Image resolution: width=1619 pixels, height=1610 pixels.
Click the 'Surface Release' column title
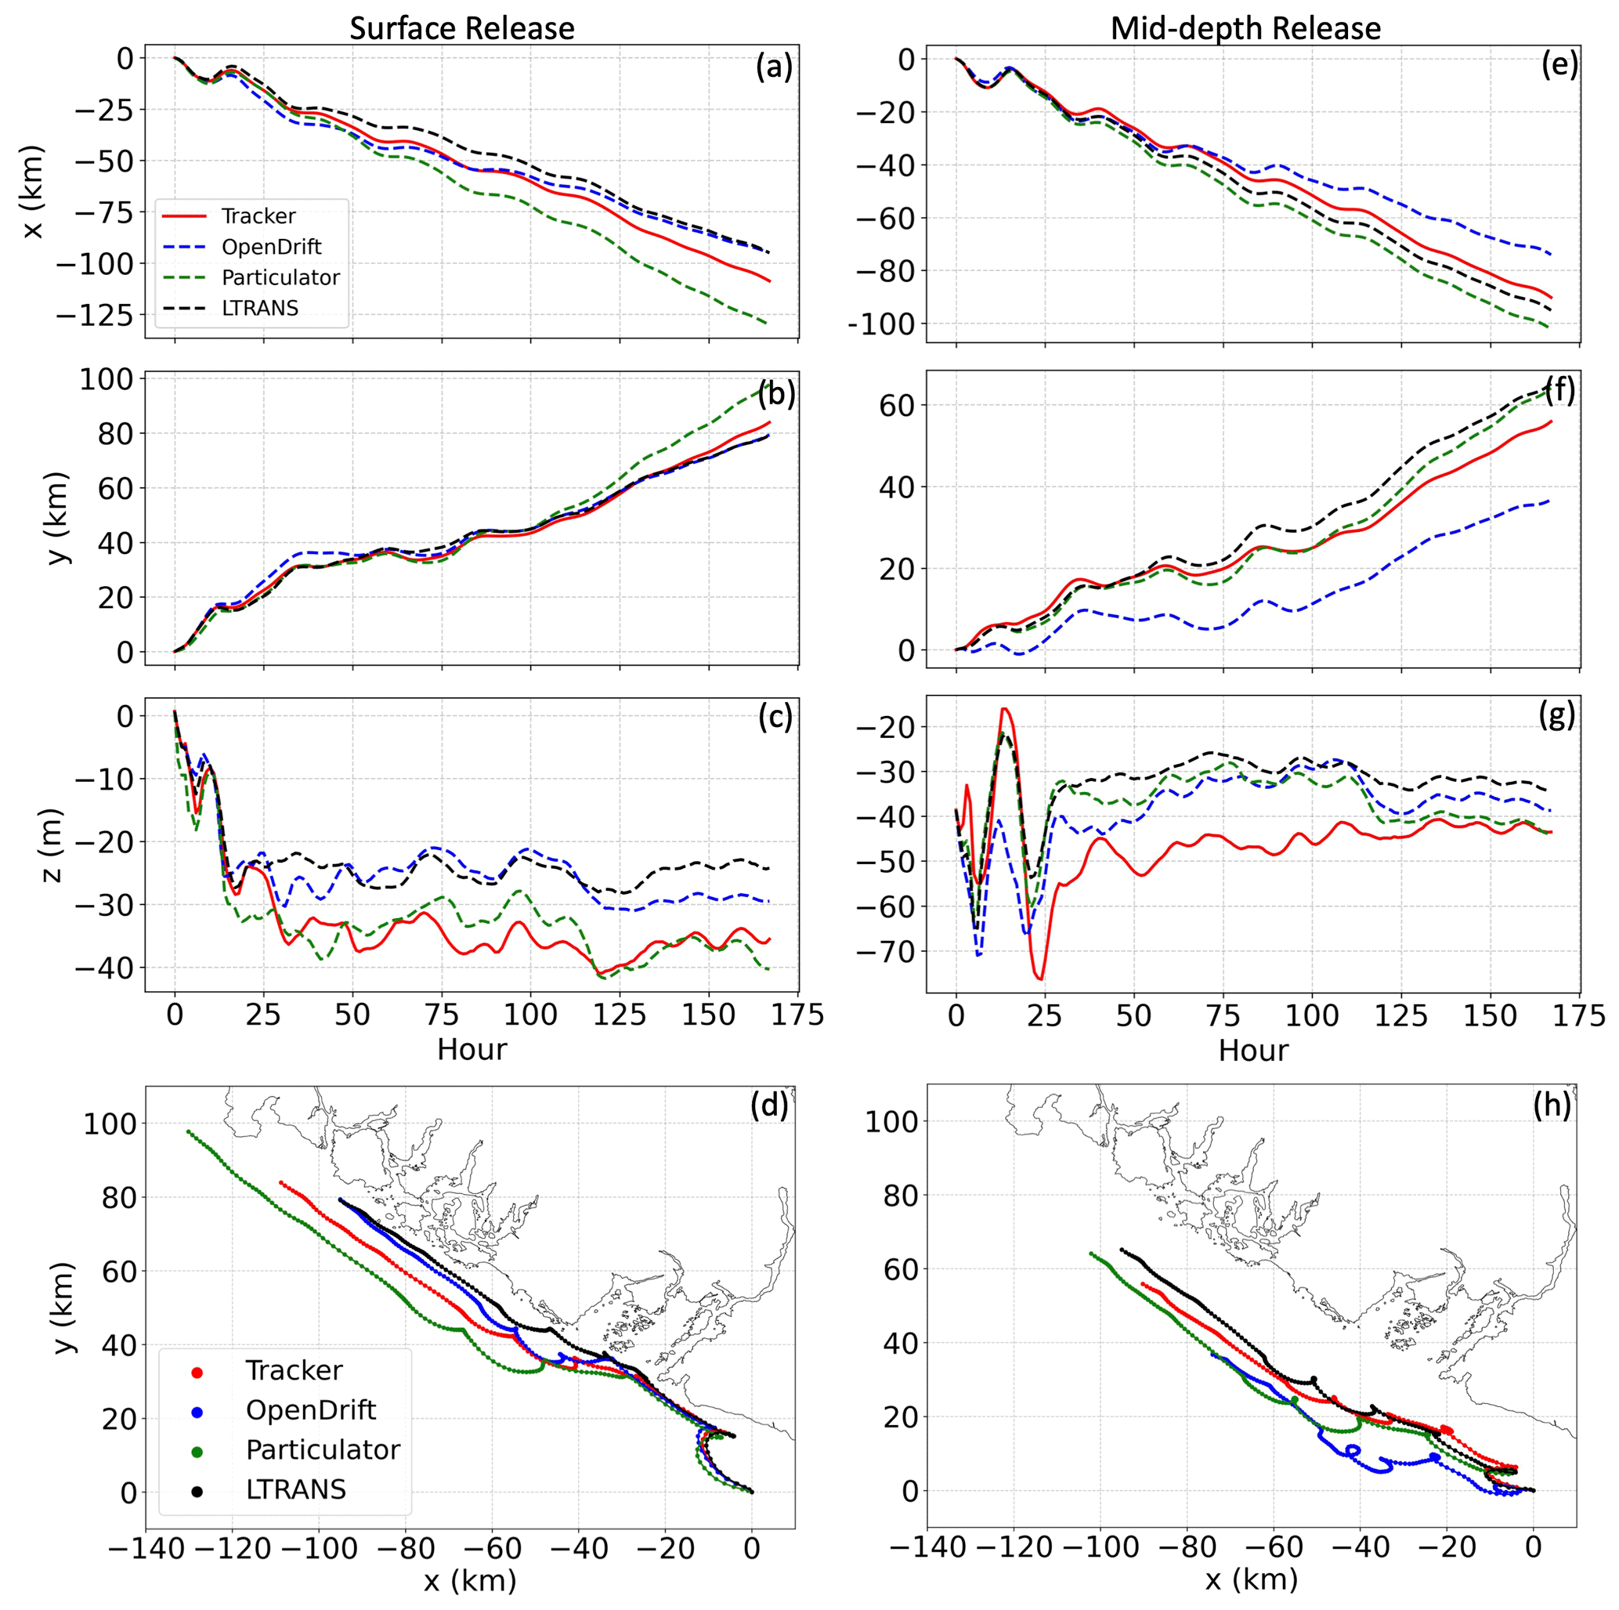tap(462, 28)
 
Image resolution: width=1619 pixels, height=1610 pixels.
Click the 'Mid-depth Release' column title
tap(1245, 28)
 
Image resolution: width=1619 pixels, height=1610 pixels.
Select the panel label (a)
tap(772, 67)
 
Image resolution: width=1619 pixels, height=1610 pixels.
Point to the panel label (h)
tap(1552, 1105)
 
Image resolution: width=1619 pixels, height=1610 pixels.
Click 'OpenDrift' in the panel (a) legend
tap(272, 247)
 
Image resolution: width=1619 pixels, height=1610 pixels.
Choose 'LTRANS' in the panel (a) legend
tap(260, 309)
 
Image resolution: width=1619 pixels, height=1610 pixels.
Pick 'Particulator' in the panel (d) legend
tap(323, 1449)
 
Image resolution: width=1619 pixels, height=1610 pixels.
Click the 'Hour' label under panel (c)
tap(472, 1049)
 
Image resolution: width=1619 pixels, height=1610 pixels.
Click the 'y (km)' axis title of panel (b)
tap(56, 517)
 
